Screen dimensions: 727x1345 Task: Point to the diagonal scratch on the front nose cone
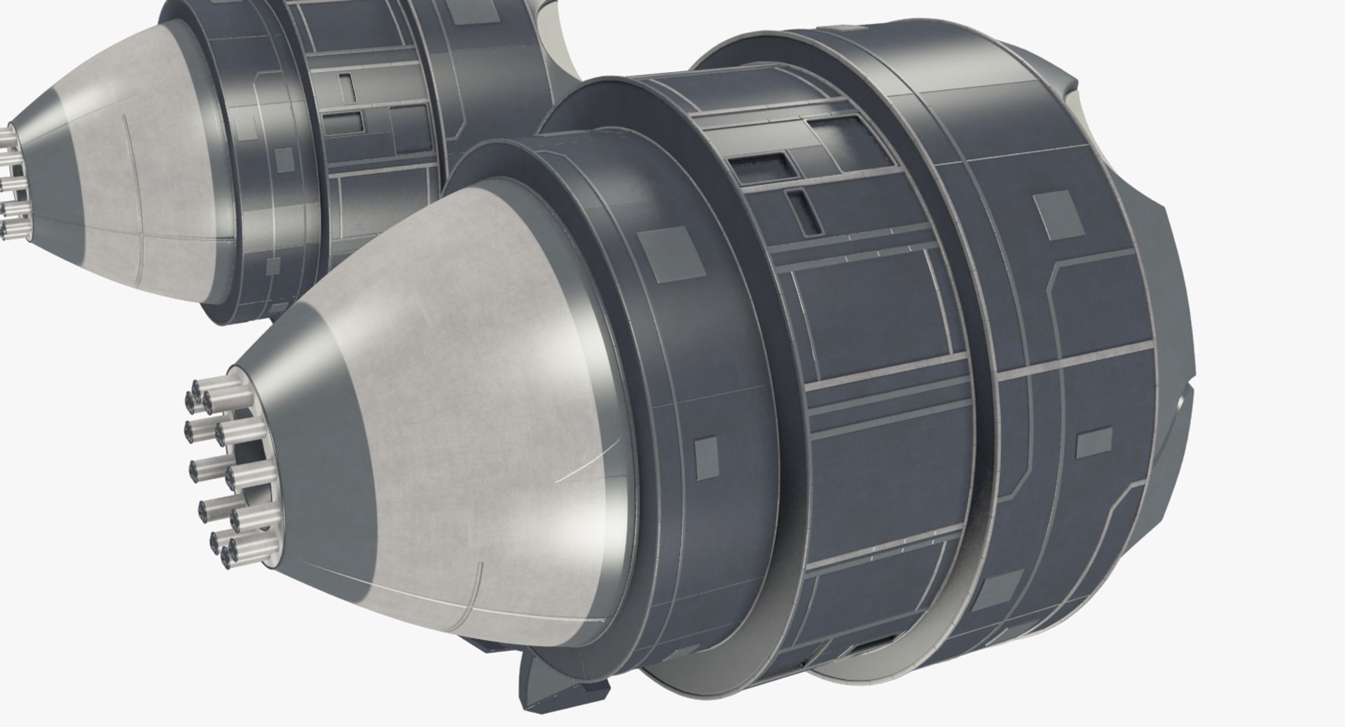point(588,462)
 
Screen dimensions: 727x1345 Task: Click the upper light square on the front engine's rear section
point(1057,205)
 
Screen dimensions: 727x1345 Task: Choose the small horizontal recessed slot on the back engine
point(347,122)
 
